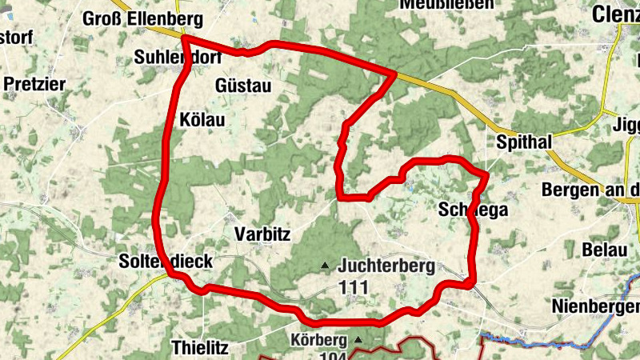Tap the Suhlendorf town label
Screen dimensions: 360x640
click(x=178, y=57)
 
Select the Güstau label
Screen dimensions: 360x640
click(x=244, y=86)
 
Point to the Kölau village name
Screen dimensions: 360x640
click(x=203, y=120)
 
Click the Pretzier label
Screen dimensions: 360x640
click(x=34, y=83)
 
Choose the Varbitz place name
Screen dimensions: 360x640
click(x=262, y=234)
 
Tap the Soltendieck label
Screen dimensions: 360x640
click(x=166, y=262)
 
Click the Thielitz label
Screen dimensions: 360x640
click(x=200, y=347)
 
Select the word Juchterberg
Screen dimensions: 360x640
click(x=386, y=265)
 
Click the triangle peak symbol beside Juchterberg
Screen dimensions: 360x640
click(x=325, y=265)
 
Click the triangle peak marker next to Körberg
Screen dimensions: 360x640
click(x=358, y=340)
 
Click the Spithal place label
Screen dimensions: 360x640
click(x=524, y=142)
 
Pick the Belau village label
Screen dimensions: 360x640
click(x=604, y=249)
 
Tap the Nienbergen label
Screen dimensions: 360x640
click(x=596, y=306)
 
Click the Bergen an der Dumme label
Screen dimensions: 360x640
click(x=590, y=190)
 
